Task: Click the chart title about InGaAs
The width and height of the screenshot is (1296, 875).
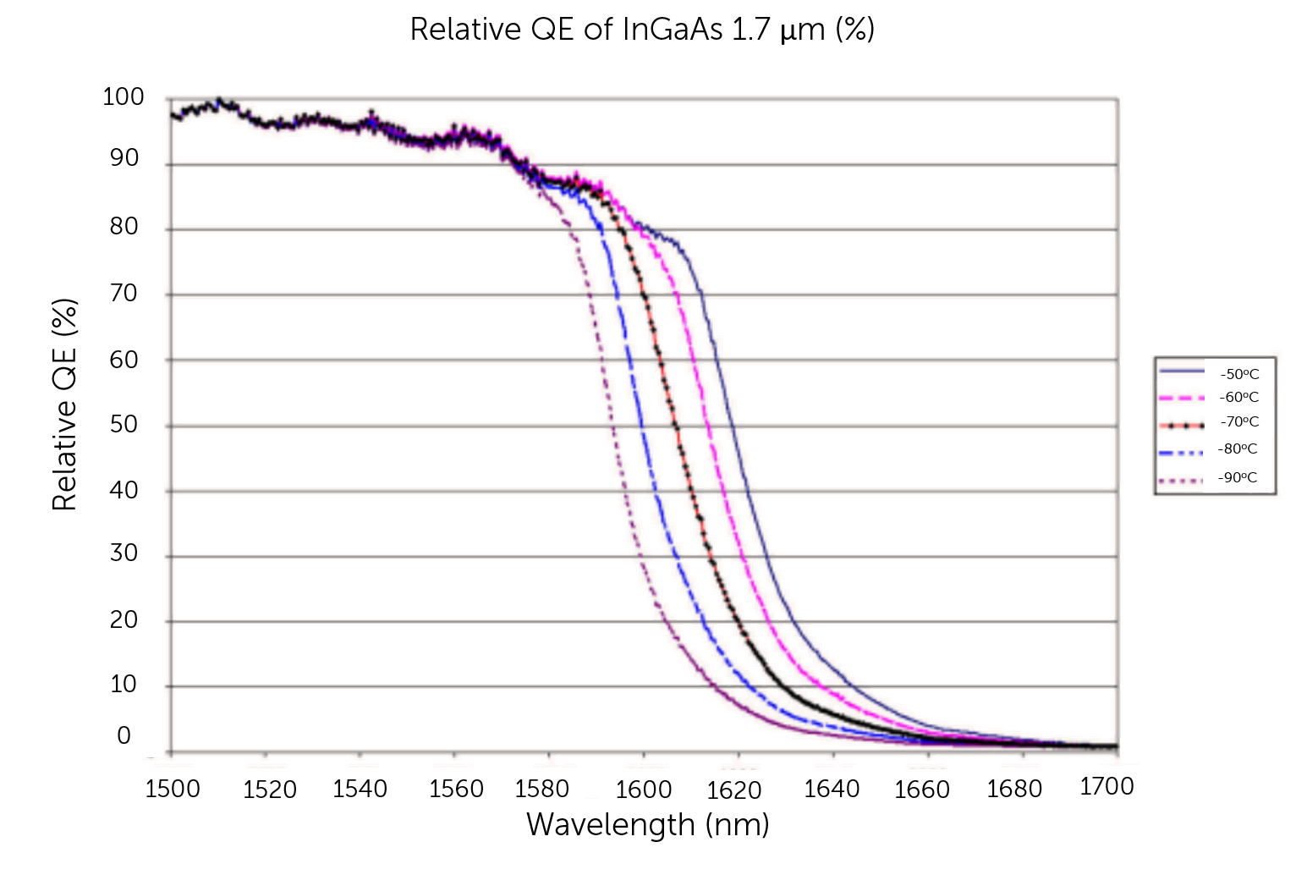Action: (641, 30)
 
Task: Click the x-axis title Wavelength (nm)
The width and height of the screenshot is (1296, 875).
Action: (648, 824)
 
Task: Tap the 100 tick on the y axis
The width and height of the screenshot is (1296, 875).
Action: (124, 97)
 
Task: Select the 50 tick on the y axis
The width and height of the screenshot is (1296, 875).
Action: (124, 424)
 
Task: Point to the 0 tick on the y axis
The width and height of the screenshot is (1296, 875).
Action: (124, 735)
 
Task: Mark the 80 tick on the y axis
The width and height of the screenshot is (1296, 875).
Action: (124, 226)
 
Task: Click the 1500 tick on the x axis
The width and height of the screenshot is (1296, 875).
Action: (173, 790)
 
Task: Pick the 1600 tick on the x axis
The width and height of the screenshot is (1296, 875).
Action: (644, 790)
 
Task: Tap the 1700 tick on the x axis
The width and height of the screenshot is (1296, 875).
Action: (1107, 787)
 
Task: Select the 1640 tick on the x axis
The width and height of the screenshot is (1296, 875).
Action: (832, 790)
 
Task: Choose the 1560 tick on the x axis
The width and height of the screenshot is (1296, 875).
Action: (456, 790)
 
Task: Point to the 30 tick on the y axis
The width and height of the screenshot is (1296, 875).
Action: (124, 553)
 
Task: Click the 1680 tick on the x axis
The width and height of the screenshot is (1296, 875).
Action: (1014, 790)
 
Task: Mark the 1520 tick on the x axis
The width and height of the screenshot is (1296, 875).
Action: (270, 790)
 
